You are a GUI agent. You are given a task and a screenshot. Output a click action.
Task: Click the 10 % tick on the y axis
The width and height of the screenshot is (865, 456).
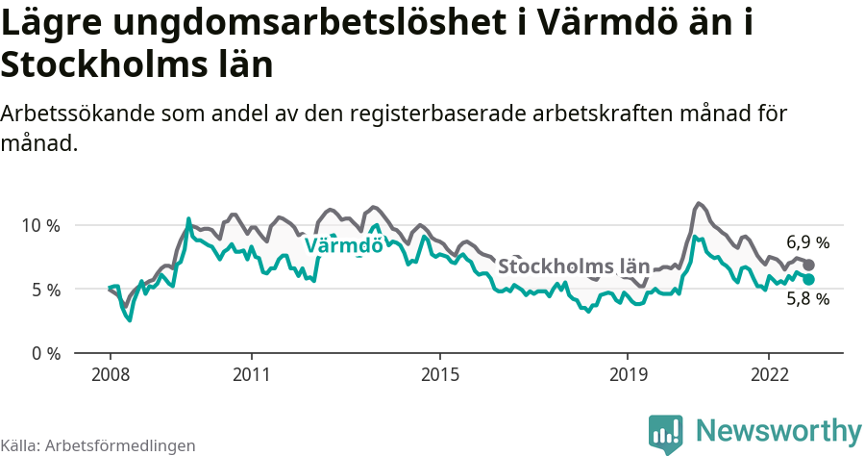click(x=40, y=225)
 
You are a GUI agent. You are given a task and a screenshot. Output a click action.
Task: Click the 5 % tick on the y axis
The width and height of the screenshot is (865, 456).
click(x=44, y=290)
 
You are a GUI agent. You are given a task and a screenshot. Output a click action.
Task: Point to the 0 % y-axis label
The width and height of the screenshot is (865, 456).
click(x=44, y=353)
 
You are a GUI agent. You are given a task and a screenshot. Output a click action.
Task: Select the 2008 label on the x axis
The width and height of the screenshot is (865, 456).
click(x=110, y=373)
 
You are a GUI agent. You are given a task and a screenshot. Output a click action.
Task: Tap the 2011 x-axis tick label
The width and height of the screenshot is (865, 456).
click(x=251, y=373)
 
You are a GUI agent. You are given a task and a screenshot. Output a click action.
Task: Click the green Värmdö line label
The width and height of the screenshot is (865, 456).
click(x=343, y=245)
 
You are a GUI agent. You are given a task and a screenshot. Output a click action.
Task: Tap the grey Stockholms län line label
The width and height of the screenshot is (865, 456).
click(x=574, y=266)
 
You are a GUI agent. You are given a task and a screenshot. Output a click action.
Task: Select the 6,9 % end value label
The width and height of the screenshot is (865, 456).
click(x=807, y=242)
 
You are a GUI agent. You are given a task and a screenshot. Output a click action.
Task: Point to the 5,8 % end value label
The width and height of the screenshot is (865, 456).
click(x=807, y=298)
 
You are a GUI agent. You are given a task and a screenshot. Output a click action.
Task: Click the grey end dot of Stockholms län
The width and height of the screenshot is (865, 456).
click(x=809, y=265)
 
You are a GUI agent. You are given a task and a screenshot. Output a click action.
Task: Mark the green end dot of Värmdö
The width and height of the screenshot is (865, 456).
click(x=809, y=279)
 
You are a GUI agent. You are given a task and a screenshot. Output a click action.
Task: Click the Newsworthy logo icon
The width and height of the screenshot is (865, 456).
click(x=666, y=434)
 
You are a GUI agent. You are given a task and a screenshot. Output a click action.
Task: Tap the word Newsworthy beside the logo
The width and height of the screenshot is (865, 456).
click(x=778, y=430)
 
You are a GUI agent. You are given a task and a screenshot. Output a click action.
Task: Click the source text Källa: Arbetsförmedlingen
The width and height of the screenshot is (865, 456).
click(x=98, y=445)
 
